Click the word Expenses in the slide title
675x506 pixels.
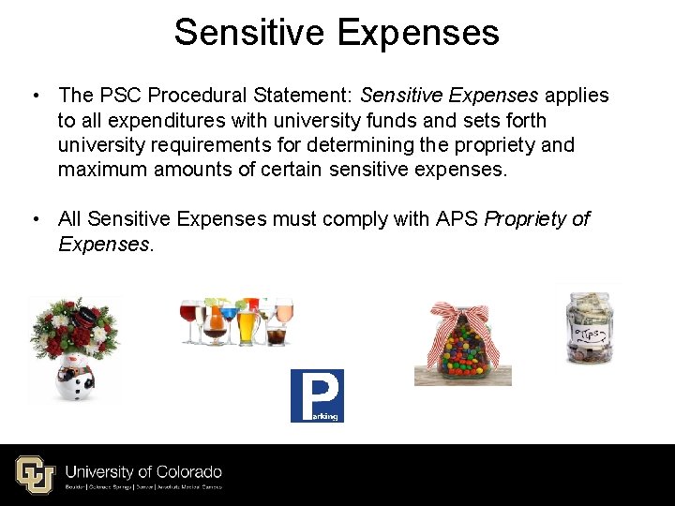tap(417, 33)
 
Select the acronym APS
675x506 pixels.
tap(457, 218)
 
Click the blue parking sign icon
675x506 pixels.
tap(317, 395)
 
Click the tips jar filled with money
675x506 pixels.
tap(590, 328)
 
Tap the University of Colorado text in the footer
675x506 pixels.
tap(143, 471)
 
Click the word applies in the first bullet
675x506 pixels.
tap(577, 96)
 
